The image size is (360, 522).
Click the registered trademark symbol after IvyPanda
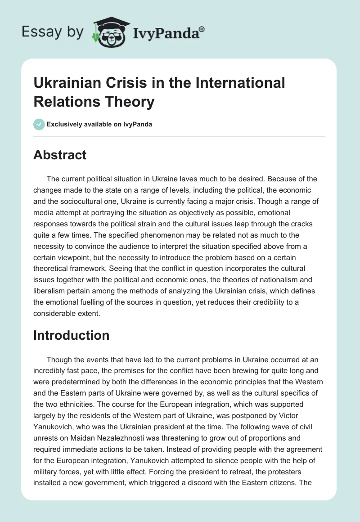202,29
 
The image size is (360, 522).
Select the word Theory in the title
131,102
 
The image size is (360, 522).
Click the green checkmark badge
39,124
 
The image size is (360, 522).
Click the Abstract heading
60,155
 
